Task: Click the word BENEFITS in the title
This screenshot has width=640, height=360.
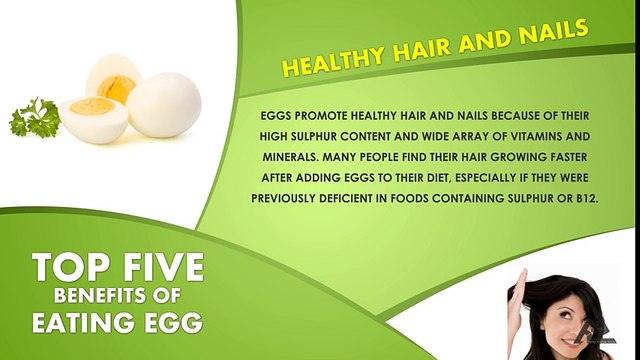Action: (x=105, y=297)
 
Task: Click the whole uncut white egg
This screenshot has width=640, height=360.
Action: (x=164, y=105)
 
